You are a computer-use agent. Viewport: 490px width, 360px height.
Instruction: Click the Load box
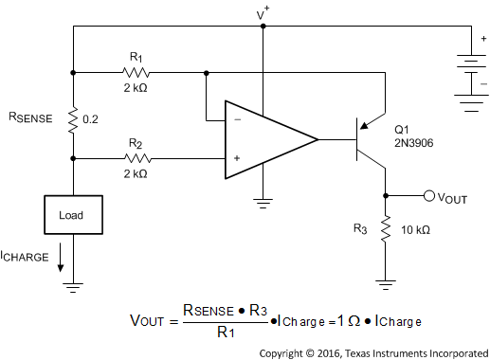pyautogui.click(x=73, y=215)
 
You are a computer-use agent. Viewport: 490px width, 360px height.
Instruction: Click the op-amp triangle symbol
pyautogui.click(x=265, y=139)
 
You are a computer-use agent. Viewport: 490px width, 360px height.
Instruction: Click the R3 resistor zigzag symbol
pyautogui.click(x=386, y=229)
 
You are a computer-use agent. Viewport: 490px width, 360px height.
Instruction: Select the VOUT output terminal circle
pyautogui.click(x=428, y=196)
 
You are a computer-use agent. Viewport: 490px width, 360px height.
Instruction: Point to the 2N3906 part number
pyautogui.click(x=414, y=143)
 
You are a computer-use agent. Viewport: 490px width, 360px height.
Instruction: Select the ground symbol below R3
pyautogui.click(x=386, y=281)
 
